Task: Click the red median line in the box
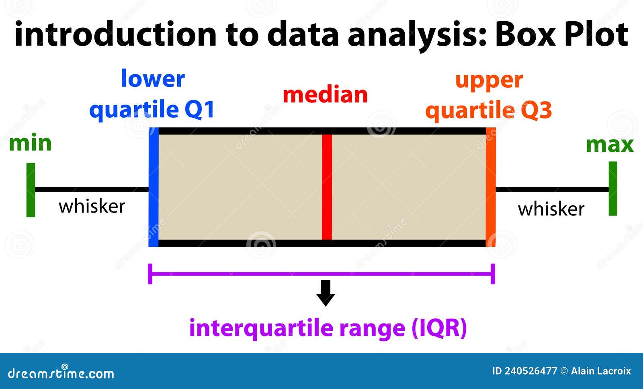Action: point(327,187)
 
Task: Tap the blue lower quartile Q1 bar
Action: point(154,187)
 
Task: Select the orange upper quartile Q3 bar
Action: point(491,187)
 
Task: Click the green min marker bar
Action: point(31,190)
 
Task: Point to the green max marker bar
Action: point(612,188)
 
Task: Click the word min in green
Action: point(30,143)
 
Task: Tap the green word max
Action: point(610,145)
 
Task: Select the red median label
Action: point(325,95)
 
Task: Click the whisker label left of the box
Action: point(92,206)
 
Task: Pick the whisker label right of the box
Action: point(551,209)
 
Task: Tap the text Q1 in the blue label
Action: point(199,109)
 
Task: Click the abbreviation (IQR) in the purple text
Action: point(439,328)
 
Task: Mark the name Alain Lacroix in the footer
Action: point(600,371)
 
